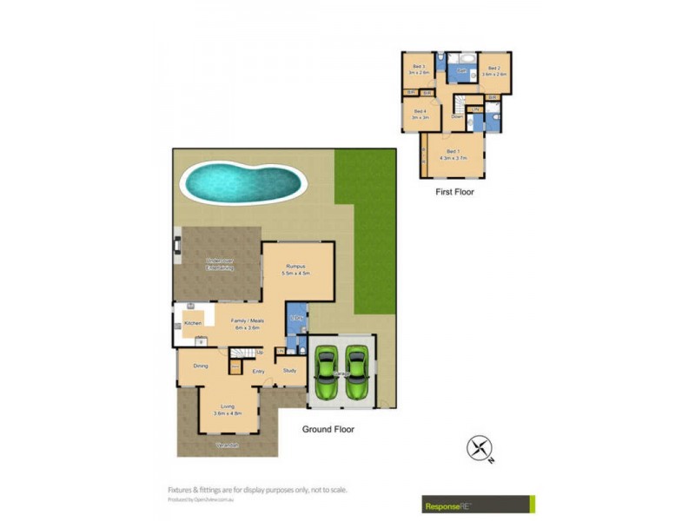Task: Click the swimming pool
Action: tap(243, 181)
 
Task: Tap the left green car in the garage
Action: tap(327, 373)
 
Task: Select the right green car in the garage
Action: tap(356, 373)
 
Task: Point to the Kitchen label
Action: tap(193, 323)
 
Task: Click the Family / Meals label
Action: tap(248, 320)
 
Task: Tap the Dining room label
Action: tap(201, 366)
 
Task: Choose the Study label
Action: tap(289, 371)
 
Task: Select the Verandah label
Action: tap(228, 445)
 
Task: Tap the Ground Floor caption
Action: tap(328, 429)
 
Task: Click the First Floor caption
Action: tap(454, 192)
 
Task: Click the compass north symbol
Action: tap(480, 448)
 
